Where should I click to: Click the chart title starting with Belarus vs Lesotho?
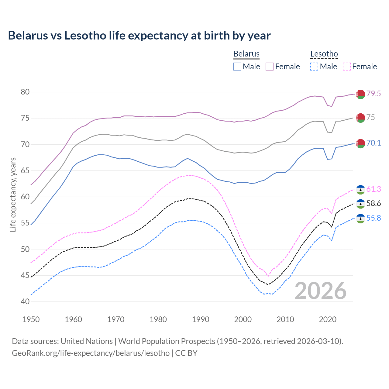pyautogui.click(x=139, y=36)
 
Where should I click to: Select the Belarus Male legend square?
pyautogui.click(x=237, y=67)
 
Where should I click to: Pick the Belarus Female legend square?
pyautogui.click(x=270, y=67)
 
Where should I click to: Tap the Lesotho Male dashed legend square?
pyautogui.click(x=314, y=67)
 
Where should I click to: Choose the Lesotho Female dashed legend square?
pyautogui.click(x=346, y=67)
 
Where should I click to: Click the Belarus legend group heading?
pyautogui.click(x=246, y=54)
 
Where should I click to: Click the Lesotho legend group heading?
pyautogui.click(x=324, y=54)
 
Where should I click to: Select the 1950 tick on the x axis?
pyautogui.click(x=31, y=319)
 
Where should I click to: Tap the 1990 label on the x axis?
pyautogui.click(x=201, y=319)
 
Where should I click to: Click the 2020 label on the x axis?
pyautogui.click(x=328, y=319)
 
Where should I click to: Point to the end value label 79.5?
pyautogui.click(x=374, y=94)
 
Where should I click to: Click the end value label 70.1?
pyautogui.click(x=374, y=143)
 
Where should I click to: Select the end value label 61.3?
pyautogui.click(x=374, y=189)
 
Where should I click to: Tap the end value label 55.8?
pyautogui.click(x=374, y=218)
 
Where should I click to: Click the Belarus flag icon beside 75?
pyautogui.click(x=360, y=118)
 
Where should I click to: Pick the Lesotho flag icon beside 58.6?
pyautogui.click(x=360, y=204)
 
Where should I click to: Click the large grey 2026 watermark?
pyautogui.click(x=321, y=291)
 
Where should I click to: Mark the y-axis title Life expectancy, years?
pyautogui.click(x=13, y=194)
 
